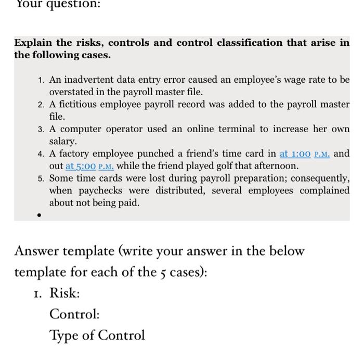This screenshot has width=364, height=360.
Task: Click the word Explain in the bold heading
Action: pyautogui.click(x=33, y=43)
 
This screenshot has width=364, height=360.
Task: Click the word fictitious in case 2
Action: pyautogui.click(x=79, y=104)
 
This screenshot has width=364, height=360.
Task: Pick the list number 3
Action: pyautogui.click(x=41, y=129)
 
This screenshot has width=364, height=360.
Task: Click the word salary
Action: pyautogui.click(x=63, y=141)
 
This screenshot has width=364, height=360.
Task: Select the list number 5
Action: pyautogui.click(x=41, y=178)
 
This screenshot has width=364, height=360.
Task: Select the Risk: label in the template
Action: pyautogui.click(x=64, y=293)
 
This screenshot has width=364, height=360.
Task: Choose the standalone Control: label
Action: pyautogui.click(x=74, y=314)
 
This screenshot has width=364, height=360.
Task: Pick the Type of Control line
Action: pyautogui.click(x=97, y=336)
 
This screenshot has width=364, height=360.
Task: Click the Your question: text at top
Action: pyautogui.click(x=50, y=4)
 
